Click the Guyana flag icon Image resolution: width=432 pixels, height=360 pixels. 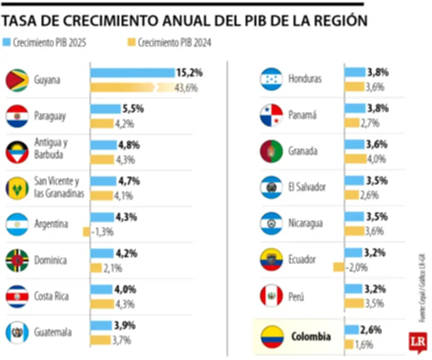point(17,80)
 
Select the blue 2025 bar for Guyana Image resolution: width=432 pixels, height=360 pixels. point(132,73)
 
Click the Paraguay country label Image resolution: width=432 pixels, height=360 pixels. point(50,116)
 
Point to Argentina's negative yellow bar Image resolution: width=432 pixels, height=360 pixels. point(86,232)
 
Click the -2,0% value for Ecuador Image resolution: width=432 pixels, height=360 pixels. point(357,267)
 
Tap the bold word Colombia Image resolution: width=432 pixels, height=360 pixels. point(310,337)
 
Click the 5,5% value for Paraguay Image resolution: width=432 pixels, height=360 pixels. point(133,109)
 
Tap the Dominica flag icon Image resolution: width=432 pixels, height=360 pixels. point(17,261)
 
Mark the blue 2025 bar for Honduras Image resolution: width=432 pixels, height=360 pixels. point(355,72)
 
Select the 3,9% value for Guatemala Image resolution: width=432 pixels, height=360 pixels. point(125,326)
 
